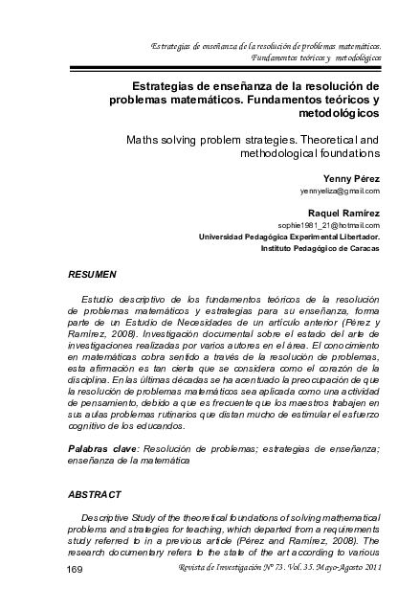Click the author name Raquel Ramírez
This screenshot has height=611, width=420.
(x=344, y=211)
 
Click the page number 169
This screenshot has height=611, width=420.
(x=69, y=571)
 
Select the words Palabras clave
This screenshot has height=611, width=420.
(x=102, y=448)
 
